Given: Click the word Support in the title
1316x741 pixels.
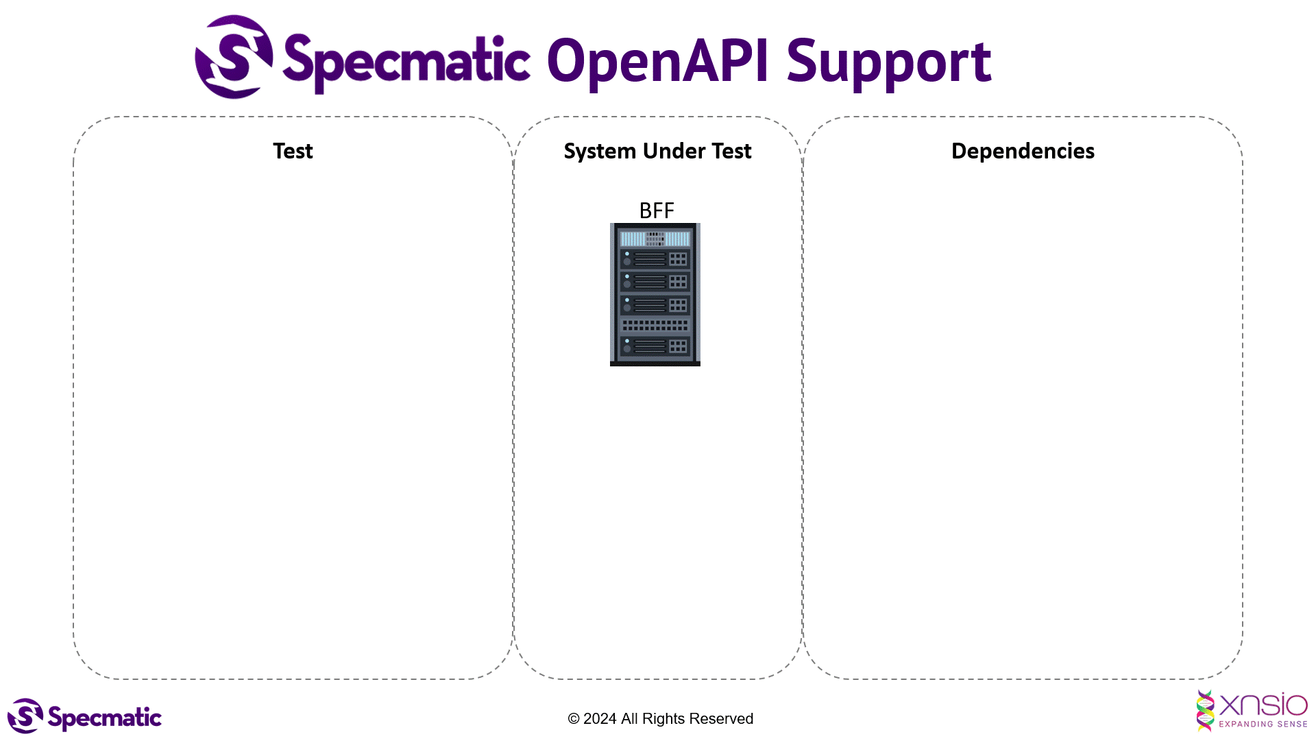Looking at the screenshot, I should (888, 63).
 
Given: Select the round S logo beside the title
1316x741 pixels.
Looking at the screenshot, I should (234, 57).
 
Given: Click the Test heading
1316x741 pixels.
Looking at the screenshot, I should (293, 151).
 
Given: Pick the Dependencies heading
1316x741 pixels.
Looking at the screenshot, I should (1023, 151).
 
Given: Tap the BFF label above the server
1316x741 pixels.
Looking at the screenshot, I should (656, 211).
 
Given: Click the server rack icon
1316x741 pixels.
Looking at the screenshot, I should (655, 295).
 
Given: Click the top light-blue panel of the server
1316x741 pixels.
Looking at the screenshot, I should (655, 239).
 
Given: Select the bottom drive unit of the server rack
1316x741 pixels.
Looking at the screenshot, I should (655, 346).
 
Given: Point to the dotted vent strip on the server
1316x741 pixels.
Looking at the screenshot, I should (655, 325).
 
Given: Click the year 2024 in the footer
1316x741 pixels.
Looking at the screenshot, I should (600, 718).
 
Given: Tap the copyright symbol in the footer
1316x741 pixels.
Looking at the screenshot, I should (574, 719).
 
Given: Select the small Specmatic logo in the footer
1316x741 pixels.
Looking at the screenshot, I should (84, 716).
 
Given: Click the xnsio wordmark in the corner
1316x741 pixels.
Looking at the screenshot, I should (1263, 705).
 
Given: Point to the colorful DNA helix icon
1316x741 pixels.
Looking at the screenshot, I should (1205, 710).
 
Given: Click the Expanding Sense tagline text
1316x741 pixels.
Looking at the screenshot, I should (1263, 724).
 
